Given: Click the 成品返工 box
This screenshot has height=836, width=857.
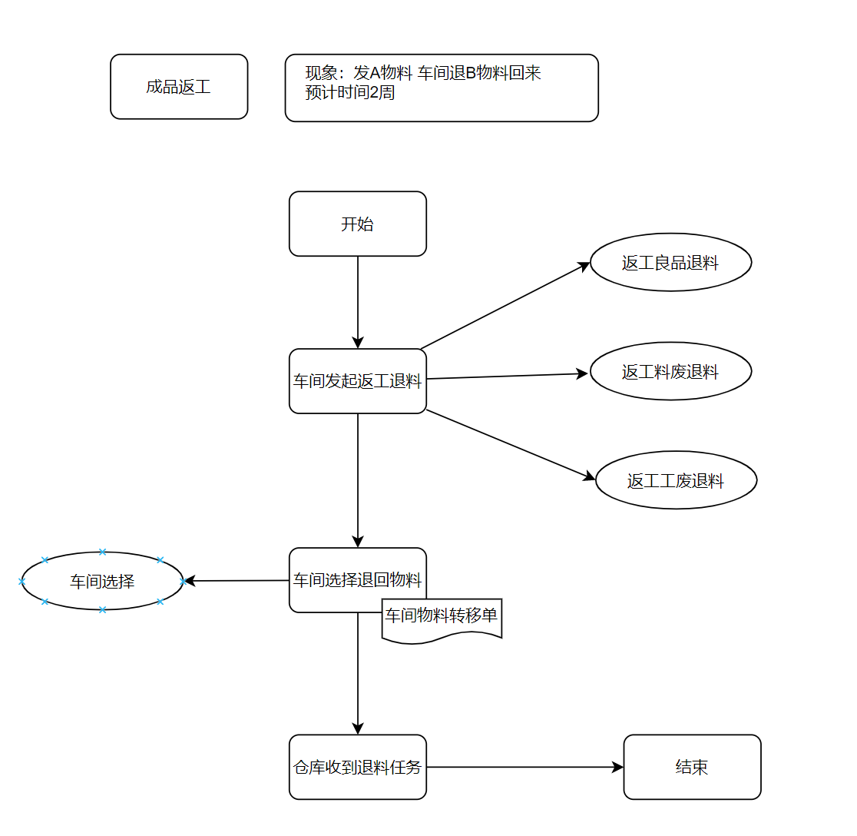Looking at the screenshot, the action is (179, 86).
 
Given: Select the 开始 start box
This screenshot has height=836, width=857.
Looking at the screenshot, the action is (357, 224).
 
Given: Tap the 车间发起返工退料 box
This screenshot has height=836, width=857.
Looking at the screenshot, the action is (357, 381).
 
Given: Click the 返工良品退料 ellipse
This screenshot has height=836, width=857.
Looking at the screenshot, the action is (670, 263).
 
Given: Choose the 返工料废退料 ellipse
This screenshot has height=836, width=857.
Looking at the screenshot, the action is (670, 371).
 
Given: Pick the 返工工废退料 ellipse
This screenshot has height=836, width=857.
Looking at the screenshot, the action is (676, 480).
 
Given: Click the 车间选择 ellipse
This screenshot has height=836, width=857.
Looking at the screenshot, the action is (102, 581).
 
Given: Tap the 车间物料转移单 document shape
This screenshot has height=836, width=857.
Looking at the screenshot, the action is (442, 619).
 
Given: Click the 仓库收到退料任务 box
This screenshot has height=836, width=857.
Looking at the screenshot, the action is (357, 767).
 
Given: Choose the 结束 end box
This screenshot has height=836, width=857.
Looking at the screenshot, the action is (692, 767).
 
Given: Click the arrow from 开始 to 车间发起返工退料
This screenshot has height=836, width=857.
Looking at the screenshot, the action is (357, 303).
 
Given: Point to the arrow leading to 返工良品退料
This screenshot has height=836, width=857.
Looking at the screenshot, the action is (505, 305).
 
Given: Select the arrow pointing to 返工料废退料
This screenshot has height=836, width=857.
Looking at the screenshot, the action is (507, 377).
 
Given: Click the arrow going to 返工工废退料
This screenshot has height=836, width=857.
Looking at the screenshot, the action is (511, 445).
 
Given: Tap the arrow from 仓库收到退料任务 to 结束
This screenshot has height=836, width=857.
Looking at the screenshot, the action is (525, 767).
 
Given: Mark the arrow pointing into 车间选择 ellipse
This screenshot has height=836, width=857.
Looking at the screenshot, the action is (237, 581).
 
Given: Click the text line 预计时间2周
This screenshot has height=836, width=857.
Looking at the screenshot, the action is (350, 92).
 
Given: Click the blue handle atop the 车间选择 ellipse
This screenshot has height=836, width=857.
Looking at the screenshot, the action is (102, 552).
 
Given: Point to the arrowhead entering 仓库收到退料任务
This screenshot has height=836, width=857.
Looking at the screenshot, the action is (357, 729).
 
